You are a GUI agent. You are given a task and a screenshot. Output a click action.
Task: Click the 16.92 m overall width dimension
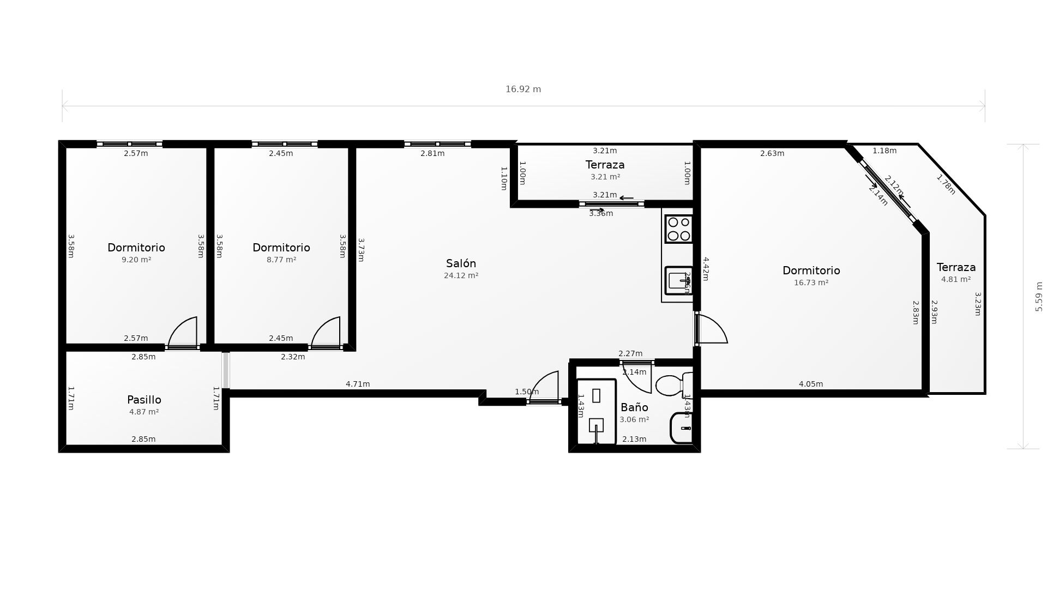523,89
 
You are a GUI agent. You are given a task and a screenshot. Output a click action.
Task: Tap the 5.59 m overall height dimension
1039,297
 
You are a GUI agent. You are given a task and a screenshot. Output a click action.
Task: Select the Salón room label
461,264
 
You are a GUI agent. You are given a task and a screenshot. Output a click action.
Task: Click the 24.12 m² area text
461,276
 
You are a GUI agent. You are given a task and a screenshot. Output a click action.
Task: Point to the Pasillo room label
144,400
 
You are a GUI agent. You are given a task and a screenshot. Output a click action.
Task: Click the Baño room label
634,407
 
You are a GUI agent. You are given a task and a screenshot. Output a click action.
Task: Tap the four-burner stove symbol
679,229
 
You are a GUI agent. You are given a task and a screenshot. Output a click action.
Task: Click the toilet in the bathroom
672,385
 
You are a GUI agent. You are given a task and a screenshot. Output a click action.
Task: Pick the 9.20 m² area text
136,260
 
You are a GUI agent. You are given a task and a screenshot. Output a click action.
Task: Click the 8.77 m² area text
281,260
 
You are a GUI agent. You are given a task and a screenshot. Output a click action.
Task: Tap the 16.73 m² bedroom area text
811,283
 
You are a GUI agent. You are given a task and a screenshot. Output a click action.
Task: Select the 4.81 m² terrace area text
956,280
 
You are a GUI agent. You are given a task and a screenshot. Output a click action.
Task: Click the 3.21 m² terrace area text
605,177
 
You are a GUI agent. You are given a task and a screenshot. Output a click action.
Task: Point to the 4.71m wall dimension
358,384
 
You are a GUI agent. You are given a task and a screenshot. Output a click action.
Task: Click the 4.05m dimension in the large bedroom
811,384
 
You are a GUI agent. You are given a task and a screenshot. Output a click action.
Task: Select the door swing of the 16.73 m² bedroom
711,329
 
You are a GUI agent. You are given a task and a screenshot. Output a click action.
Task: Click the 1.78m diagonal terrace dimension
946,184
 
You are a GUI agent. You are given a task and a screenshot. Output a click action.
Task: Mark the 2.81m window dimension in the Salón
432,154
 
